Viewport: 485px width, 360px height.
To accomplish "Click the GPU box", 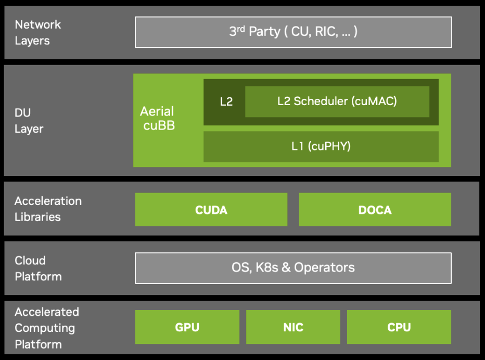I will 187,327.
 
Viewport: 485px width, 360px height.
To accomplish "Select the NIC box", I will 293,327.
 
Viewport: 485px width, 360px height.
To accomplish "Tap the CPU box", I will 399,327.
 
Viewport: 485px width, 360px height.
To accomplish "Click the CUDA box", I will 211,210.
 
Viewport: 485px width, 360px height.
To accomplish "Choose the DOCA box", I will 375,210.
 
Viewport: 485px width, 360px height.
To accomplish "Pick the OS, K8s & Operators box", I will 293,268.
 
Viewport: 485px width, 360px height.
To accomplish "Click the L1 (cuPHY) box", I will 321,147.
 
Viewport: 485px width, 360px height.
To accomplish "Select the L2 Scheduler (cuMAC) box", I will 337,101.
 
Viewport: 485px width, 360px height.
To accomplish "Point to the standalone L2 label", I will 226,102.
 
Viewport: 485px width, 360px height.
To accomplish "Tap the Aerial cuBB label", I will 157,118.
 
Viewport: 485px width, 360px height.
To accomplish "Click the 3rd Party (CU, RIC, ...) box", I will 293,32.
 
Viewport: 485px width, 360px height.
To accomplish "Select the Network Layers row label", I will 37,32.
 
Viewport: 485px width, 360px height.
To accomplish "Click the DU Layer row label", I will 29,120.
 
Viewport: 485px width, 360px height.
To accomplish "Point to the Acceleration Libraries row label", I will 48,209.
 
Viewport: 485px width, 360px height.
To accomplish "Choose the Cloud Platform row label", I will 37,268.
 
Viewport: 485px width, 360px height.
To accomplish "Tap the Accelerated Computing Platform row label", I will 46,328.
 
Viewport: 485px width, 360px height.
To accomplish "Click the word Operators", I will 324,268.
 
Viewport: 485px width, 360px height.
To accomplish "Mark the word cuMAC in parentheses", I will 375,101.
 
